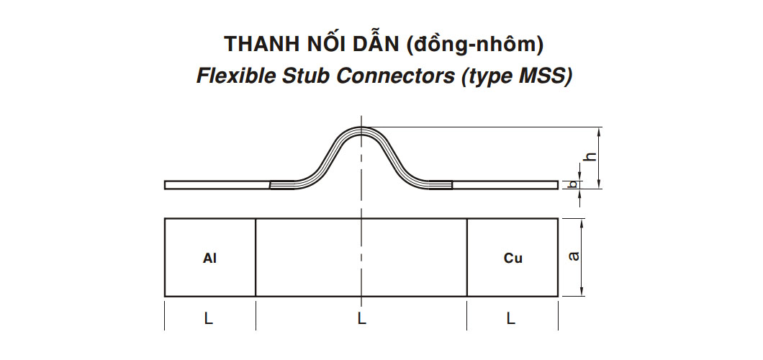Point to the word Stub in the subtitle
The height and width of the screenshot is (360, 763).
tap(295, 76)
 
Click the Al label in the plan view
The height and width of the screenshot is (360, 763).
tap(209, 258)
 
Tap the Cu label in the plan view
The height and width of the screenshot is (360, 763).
tap(513, 258)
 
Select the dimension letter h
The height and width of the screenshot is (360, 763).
tap(590, 157)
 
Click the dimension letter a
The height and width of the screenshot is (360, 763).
tap(574, 256)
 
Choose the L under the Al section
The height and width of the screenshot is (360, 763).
tap(208, 318)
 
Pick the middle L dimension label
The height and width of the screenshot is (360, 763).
tap(361, 318)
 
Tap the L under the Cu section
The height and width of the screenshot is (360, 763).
tap(510, 318)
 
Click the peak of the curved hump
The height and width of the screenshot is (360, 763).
tap(361, 128)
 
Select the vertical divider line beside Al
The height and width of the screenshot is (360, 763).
tap(256, 257)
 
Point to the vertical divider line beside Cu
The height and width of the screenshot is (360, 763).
tap(467, 257)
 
